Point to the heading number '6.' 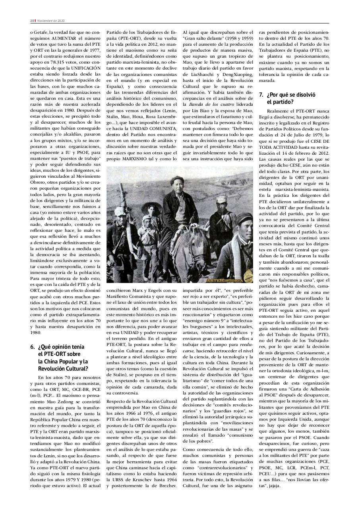tap(33, 347)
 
